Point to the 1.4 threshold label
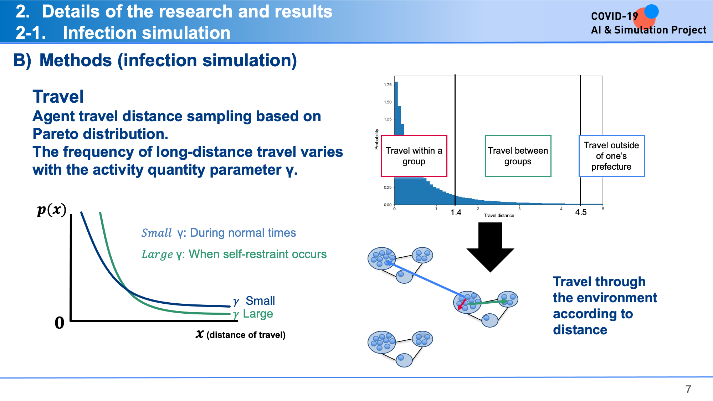[x=456, y=213]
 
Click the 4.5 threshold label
[x=581, y=212]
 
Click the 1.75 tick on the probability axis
[x=388, y=85]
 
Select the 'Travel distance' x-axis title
[x=499, y=216]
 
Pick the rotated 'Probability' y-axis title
[x=377, y=139]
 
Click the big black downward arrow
[x=490, y=247]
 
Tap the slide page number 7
[x=688, y=389]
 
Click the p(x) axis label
[x=52, y=210]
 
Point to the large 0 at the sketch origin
[x=60, y=323]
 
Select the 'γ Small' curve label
[x=254, y=301]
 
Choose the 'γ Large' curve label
[x=253, y=314]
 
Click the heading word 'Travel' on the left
[x=58, y=97]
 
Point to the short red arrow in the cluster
[x=462, y=304]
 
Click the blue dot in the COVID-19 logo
[x=651, y=11]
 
